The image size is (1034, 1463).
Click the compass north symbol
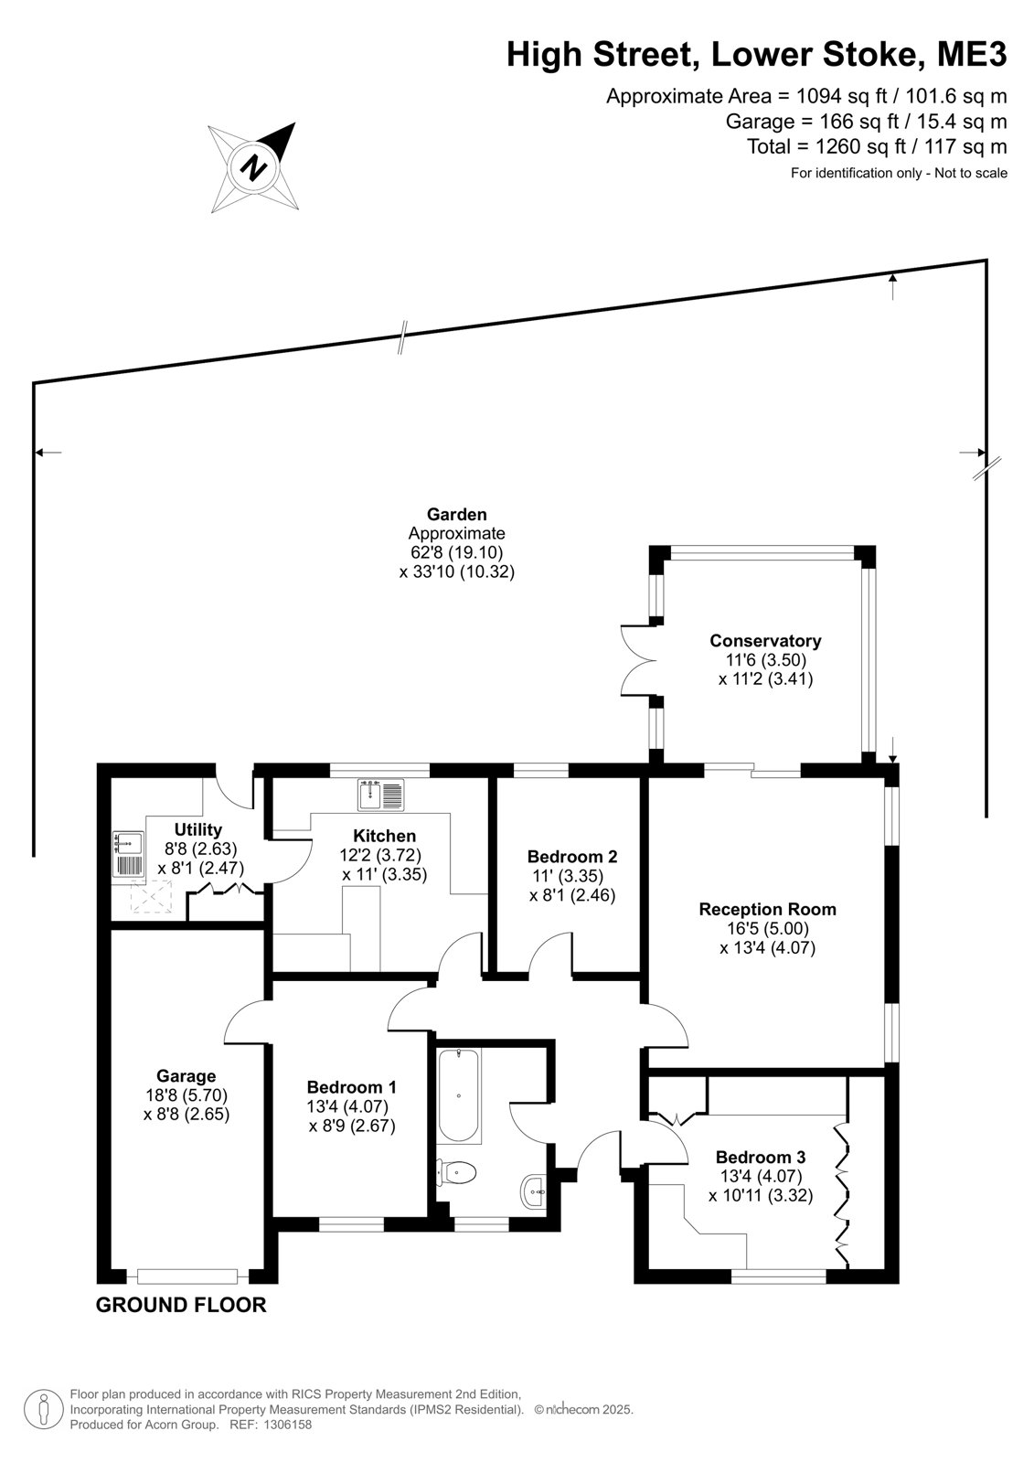[253, 166]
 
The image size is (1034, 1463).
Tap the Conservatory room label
[765, 641]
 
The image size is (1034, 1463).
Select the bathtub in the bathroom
[459, 1094]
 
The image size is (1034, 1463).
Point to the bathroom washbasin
[535, 1192]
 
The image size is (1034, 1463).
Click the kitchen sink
[381, 795]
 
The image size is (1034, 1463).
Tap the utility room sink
[128, 854]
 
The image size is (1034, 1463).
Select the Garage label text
[187, 1075]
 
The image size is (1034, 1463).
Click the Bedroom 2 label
[572, 856]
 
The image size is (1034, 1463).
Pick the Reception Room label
[767, 909]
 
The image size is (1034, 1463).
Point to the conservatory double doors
[637, 659]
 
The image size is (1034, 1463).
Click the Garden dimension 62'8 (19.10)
[456, 552]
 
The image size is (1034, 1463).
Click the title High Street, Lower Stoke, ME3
[757, 55]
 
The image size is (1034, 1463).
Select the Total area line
[878, 146]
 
